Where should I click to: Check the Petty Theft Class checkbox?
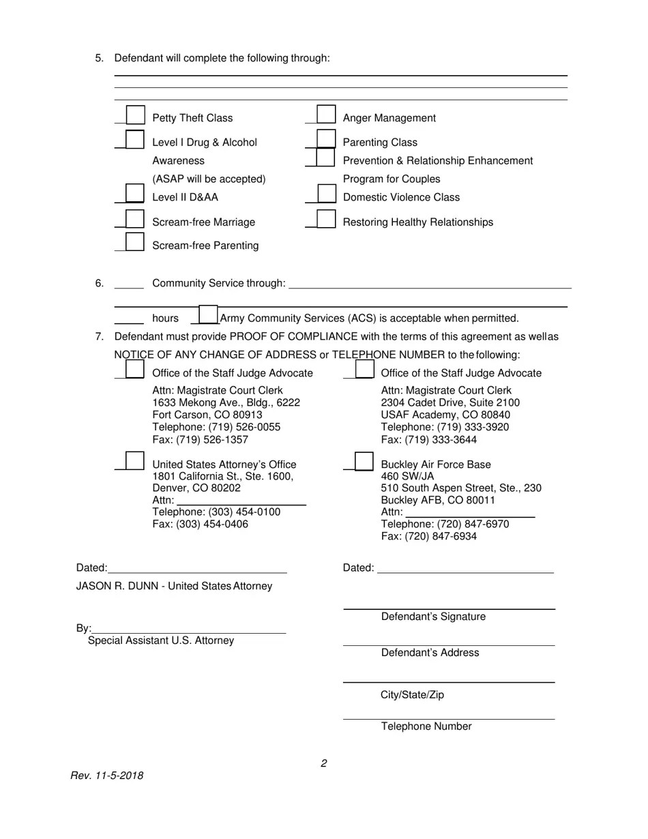coord(136,115)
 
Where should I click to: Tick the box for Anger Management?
coord(327,115)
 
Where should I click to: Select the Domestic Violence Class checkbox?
coord(327,194)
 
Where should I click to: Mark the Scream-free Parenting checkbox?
coord(135,242)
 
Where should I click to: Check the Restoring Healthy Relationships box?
coord(327,219)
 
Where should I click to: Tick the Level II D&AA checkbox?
coord(135,194)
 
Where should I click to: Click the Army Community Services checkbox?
coord(208,315)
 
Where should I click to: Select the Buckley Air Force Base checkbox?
coord(364,462)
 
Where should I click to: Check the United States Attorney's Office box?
coord(135,461)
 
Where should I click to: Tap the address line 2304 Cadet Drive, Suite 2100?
coord(450,403)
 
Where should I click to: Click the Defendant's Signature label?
coord(433,617)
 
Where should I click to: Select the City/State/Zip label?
coord(412,695)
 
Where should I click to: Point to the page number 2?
coord(323,763)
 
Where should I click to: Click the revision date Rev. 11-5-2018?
coord(107,776)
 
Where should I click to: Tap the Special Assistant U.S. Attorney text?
coord(161,641)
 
